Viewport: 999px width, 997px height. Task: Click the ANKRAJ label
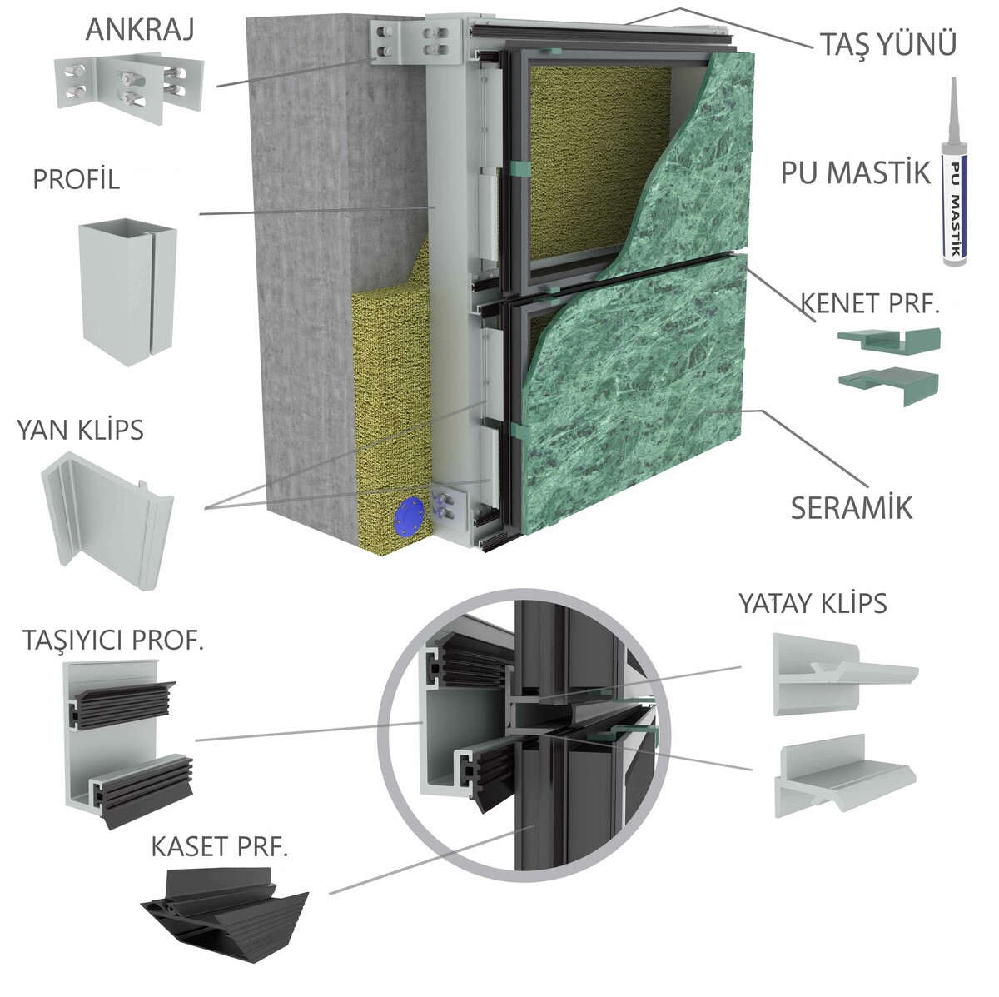click(x=140, y=30)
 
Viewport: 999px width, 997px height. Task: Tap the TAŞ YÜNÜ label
click(x=887, y=44)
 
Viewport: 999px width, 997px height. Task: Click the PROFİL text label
click(x=76, y=179)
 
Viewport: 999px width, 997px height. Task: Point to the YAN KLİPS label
click(x=80, y=430)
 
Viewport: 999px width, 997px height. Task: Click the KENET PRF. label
click(x=869, y=303)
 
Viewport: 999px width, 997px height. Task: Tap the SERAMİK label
click(x=851, y=507)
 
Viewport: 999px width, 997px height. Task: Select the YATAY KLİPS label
click(x=813, y=602)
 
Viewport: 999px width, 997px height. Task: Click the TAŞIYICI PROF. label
click(x=113, y=640)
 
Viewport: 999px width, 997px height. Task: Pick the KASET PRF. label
click(x=219, y=847)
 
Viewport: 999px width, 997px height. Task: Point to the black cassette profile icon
click(x=225, y=905)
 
